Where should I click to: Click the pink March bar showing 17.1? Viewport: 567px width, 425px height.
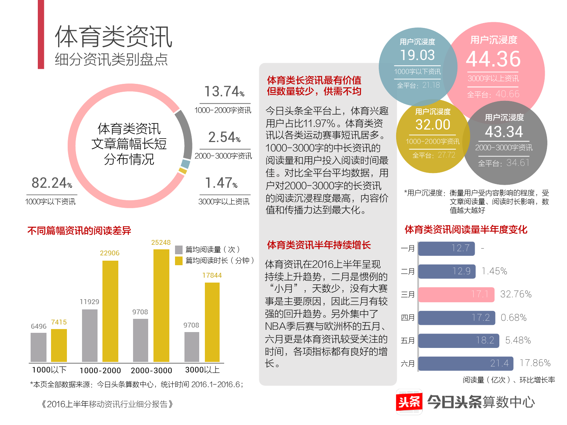click(456, 295)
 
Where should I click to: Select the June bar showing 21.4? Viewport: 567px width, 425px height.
click(466, 363)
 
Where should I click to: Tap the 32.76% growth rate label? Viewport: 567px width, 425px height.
click(516, 294)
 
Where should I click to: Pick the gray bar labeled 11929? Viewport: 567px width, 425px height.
click(90, 335)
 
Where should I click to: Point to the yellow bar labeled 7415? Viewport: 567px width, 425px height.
click(59, 345)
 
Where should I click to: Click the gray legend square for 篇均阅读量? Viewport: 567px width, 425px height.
click(179, 250)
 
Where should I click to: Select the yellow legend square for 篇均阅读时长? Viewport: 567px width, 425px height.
click(179, 261)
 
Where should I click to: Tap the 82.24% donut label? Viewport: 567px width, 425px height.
click(51, 183)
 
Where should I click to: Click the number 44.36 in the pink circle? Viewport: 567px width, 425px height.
click(493, 59)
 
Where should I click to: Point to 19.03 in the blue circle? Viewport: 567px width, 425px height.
click(417, 55)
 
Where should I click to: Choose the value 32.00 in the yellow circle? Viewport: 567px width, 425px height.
click(433, 125)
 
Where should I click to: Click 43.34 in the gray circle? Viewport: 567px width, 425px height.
click(504, 132)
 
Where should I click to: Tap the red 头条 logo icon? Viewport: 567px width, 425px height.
click(409, 402)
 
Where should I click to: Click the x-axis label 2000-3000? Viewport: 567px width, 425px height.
click(151, 371)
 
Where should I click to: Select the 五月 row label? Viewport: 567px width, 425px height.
click(407, 341)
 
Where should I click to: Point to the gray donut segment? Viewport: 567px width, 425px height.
click(186, 134)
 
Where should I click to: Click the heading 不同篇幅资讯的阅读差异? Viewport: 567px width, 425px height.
click(79, 231)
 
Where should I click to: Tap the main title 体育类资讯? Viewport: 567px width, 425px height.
click(113, 37)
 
